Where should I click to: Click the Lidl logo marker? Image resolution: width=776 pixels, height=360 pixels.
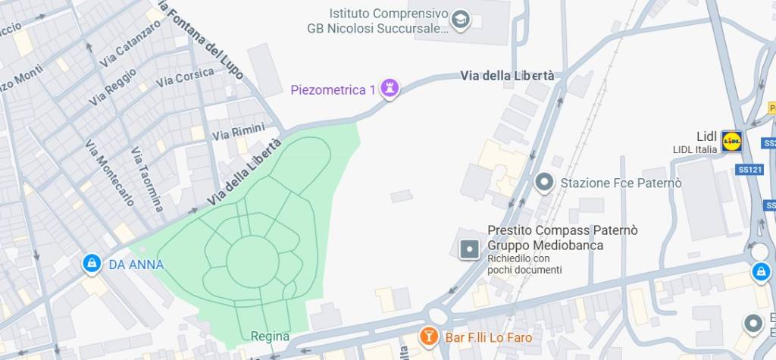(731, 140)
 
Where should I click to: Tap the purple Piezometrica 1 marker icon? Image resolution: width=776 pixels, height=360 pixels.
(390, 89)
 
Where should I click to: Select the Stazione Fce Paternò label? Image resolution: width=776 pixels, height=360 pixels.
(621, 183)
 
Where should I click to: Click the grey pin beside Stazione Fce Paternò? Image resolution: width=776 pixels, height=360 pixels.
(543, 183)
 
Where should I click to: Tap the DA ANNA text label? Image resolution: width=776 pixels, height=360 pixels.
(136, 265)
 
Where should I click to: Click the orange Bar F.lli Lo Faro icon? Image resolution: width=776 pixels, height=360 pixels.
(429, 337)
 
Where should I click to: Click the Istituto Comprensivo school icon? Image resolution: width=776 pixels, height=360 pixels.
(460, 20)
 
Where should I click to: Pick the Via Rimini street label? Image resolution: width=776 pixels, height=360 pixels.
(238, 133)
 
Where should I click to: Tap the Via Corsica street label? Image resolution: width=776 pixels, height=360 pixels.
(185, 77)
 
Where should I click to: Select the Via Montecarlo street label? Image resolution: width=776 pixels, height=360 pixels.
(110, 173)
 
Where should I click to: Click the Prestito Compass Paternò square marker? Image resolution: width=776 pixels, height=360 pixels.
(470, 248)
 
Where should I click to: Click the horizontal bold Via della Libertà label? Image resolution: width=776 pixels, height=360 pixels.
(507, 76)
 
